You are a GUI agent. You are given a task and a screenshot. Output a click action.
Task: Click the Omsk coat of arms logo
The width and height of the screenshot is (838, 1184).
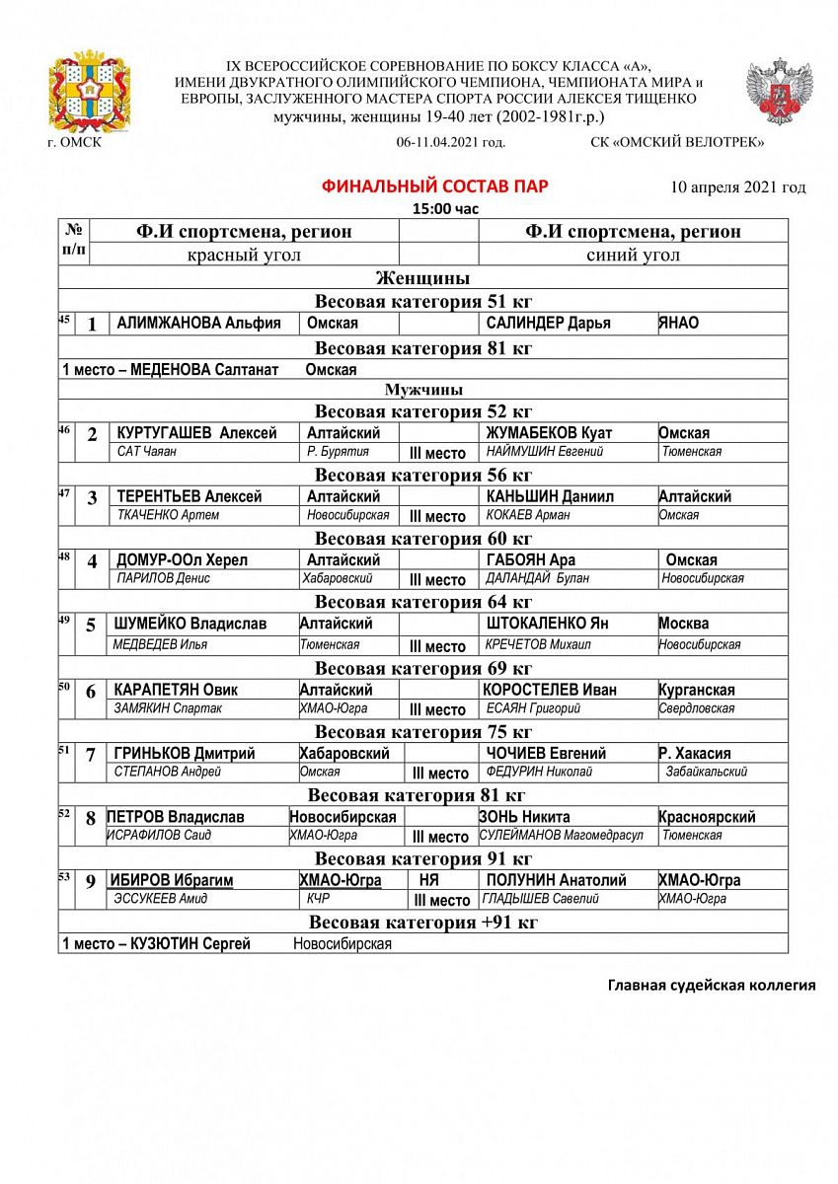(90, 96)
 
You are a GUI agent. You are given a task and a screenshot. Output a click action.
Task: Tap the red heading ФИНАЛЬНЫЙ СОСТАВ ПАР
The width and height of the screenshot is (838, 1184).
(435, 186)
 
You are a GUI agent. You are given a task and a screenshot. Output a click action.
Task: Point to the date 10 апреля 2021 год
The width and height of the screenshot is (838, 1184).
(737, 186)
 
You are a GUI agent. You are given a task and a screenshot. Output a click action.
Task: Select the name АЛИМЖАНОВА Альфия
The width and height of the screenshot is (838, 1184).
(198, 323)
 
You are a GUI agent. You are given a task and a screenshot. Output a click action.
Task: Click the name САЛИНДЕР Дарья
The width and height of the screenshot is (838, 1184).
(548, 323)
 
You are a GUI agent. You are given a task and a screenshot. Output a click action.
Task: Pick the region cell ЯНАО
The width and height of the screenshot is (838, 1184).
(679, 323)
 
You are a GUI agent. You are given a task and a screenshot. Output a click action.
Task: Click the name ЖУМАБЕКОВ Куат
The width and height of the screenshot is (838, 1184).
(549, 433)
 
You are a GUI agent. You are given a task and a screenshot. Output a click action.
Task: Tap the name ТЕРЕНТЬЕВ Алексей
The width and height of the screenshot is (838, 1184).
(189, 496)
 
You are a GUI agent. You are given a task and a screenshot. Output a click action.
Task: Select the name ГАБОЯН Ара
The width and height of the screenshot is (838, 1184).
(531, 560)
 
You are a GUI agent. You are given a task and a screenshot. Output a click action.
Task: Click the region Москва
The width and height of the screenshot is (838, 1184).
(684, 624)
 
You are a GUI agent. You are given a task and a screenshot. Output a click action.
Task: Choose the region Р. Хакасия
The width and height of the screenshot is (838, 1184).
(695, 753)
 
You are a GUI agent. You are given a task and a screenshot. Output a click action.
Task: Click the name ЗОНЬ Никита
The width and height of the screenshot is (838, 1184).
(524, 817)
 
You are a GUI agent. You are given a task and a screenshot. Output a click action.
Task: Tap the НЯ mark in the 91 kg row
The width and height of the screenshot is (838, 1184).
(428, 880)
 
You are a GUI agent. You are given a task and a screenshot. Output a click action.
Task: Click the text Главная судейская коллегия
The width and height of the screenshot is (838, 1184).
(711, 985)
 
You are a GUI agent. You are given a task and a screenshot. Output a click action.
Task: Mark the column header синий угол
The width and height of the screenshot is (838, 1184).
(633, 255)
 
